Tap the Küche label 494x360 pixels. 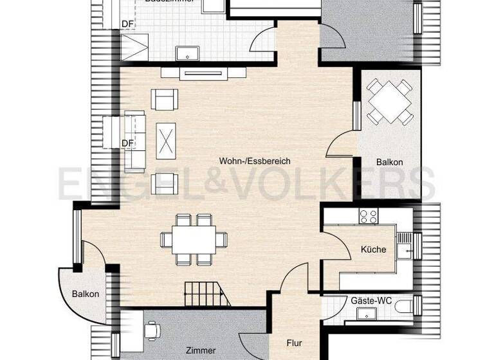pyautogui.click(x=373, y=249)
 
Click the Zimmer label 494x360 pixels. pyautogui.click(x=201, y=350)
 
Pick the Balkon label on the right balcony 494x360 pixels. pyautogui.click(x=389, y=163)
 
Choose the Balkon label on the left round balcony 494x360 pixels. pyautogui.click(x=86, y=294)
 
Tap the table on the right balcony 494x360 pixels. pyautogui.click(x=389, y=101)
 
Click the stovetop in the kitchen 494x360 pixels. pyautogui.click(x=368, y=217)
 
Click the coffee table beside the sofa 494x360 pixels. pyautogui.click(x=168, y=139)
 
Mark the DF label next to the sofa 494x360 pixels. pyautogui.click(x=127, y=143)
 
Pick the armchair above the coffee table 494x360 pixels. pyautogui.click(x=163, y=99)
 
